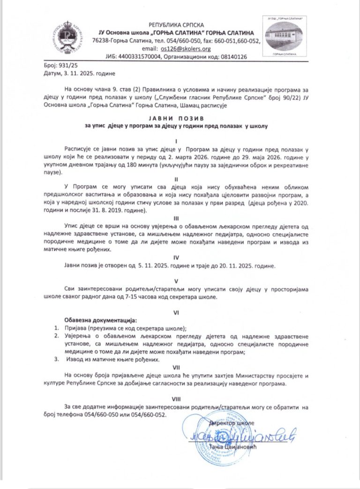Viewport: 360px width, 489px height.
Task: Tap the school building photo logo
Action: click(284, 37)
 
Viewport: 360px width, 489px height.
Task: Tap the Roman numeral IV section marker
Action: click(176, 257)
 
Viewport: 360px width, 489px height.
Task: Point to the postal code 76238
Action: click(102, 41)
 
